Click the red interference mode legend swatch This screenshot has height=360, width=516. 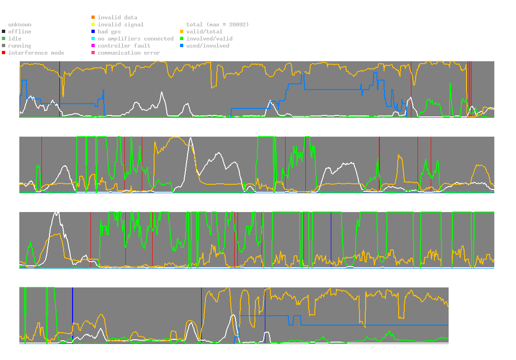4,53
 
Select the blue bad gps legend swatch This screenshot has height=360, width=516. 93,32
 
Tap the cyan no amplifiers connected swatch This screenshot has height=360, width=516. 93,39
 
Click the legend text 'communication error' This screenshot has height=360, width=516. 129,53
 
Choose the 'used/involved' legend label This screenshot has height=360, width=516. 207,46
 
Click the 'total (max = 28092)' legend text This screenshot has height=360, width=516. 217,25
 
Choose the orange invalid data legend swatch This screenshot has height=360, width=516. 93,17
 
